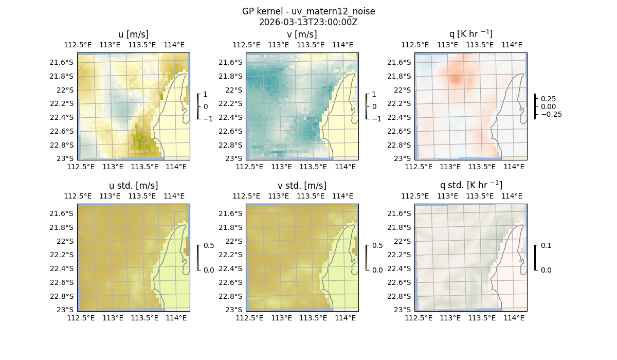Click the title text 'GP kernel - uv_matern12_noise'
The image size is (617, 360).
point(308,11)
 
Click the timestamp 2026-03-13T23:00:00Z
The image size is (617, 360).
point(308,22)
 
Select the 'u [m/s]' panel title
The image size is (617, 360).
point(133,34)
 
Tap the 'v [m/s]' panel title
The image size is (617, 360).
point(302,34)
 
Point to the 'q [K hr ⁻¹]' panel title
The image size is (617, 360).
point(470,34)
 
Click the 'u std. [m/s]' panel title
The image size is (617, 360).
point(133,186)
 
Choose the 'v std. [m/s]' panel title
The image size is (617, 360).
point(302,186)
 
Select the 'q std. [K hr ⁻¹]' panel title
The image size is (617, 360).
point(470,185)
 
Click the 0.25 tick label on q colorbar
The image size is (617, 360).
point(548,99)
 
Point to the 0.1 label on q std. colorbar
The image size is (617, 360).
point(546,245)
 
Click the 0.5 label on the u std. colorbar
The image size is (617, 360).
point(209,245)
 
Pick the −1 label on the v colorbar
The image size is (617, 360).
point(377,119)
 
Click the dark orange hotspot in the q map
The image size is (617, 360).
point(456,79)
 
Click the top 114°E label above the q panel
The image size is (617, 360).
point(512,45)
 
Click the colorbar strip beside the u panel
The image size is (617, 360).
point(198,106)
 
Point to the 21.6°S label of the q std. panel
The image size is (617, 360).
point(402,213)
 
